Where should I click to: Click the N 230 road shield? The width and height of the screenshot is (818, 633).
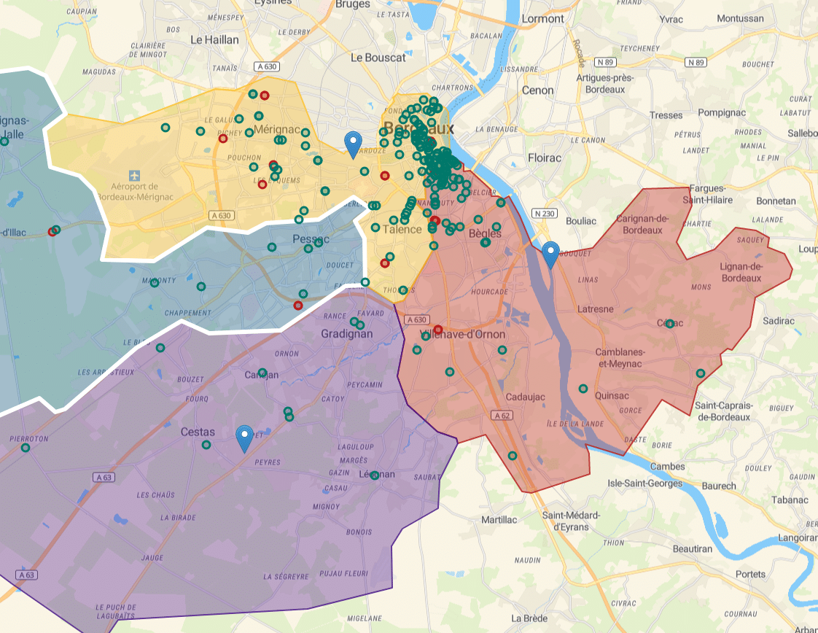(544, 213)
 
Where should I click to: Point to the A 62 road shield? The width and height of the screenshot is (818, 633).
(500, 415)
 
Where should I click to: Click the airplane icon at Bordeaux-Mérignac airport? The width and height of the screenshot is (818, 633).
(134, 176)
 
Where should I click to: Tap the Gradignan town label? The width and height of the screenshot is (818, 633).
(346, 334)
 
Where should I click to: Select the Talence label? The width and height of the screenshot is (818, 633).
(402, 229)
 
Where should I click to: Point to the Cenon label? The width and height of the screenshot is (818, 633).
(537, 90)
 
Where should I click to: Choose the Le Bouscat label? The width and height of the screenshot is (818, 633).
(378, 57)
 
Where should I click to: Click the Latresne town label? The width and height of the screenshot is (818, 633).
(595, 309)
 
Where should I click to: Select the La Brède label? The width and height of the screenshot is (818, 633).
(529, 618)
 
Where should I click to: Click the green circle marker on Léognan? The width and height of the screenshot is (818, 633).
(375, 475)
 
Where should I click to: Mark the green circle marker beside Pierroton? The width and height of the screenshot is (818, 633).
(26, 448)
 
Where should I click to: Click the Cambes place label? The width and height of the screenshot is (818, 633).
(667, 466)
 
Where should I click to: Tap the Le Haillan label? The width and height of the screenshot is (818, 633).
(214, 39)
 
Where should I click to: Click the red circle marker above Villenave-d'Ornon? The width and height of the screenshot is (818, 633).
(438, 330)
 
